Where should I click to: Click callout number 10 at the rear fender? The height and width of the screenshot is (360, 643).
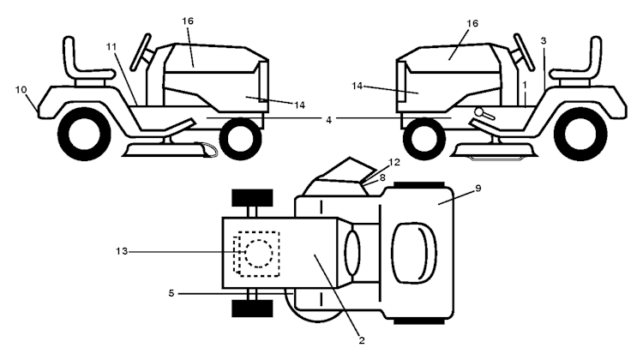pos(21,89)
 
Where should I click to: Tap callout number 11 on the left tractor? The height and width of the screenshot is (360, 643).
pos(111,47)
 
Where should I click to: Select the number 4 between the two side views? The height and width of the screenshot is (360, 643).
pos(328,120)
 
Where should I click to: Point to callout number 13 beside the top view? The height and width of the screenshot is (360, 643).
pos(122,251)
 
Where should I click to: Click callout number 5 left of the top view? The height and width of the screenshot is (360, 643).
pos(171,293)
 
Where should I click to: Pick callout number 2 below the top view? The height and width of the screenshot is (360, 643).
pos(362,340)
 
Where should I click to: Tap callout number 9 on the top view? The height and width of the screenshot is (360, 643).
pos(478,189)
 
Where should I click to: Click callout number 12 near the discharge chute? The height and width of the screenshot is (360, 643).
pos(394,162)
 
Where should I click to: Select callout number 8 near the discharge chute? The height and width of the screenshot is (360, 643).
pos(382,177)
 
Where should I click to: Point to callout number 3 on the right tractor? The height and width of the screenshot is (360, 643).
pos(544,41)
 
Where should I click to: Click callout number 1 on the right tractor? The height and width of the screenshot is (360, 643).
pos(525,85)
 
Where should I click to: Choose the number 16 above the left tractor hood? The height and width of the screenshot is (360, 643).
pos(188,21)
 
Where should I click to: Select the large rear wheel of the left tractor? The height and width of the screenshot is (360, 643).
pos(84,134)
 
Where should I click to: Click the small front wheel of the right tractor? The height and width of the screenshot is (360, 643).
pos(424,139)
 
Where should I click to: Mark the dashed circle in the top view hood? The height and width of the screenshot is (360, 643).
pos(259,254)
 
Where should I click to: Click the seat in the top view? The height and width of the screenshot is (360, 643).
pos(414,253)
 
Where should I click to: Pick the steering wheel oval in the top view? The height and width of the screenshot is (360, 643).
pos(352,253)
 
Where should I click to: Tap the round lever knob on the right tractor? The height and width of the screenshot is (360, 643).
pos(479,111)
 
